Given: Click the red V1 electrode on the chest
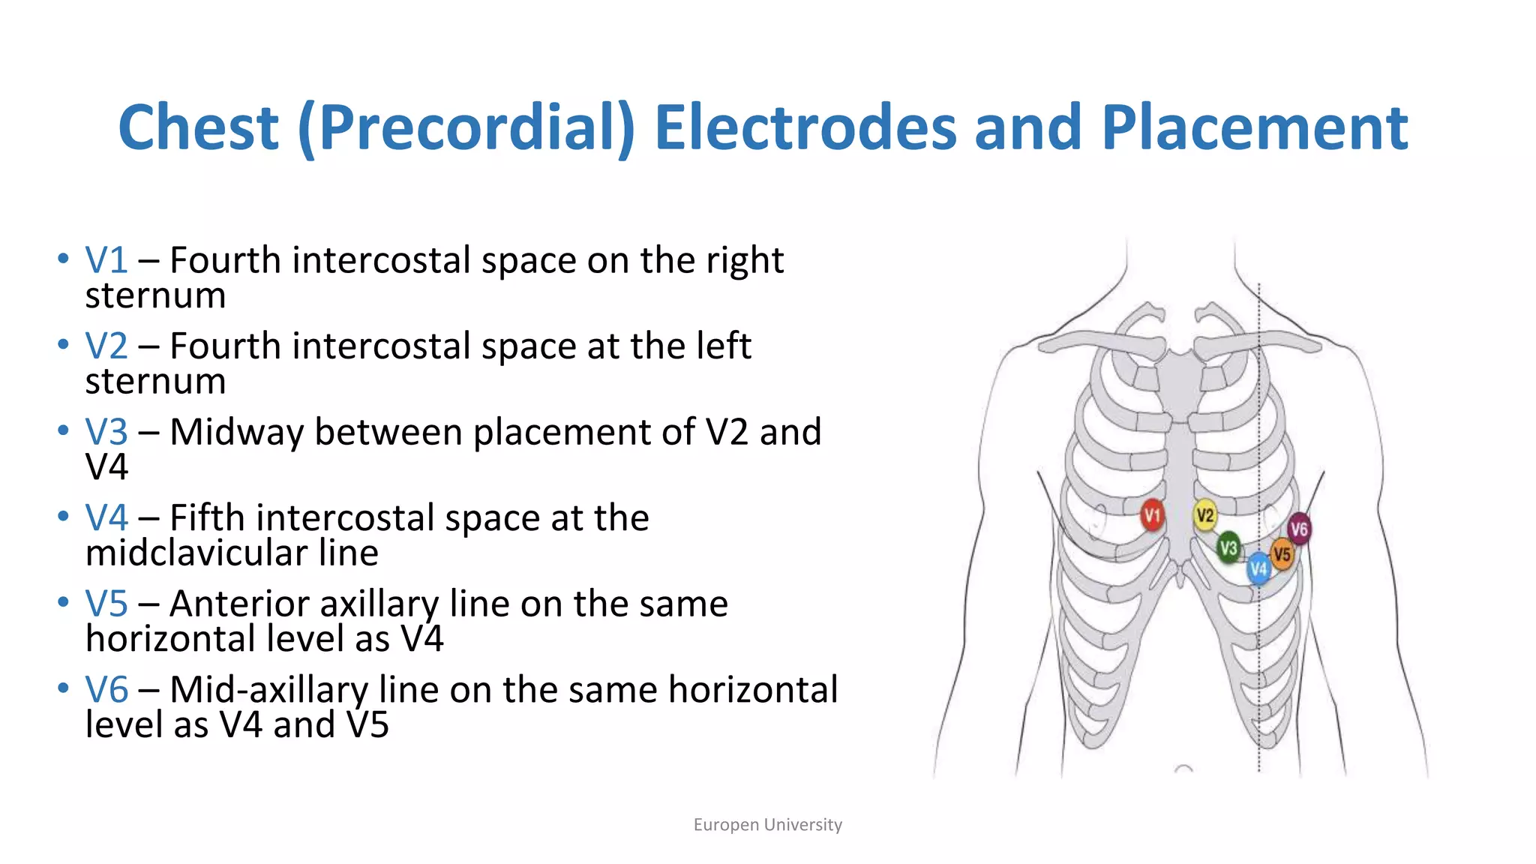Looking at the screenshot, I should point(1152,515).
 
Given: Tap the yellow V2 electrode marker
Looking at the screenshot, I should point(1204,515).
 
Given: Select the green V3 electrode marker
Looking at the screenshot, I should point(1228,548).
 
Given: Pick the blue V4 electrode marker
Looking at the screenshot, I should point(1258,568).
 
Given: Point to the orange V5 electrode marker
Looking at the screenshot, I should point(1282,555).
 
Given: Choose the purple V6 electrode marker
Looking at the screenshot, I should point(1299,529).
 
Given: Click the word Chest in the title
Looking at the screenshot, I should point(199,127).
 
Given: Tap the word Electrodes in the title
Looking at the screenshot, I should point(805,127).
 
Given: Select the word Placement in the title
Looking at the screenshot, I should point(1254,127).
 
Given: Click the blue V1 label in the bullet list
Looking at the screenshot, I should point(106,260).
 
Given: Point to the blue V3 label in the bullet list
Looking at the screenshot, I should point(106,432).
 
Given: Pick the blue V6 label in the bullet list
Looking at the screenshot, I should point(106,689).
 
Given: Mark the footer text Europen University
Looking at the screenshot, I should point(767,825).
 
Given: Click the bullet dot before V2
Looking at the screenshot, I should point(63,345).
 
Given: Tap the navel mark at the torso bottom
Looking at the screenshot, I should point(1183,769).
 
